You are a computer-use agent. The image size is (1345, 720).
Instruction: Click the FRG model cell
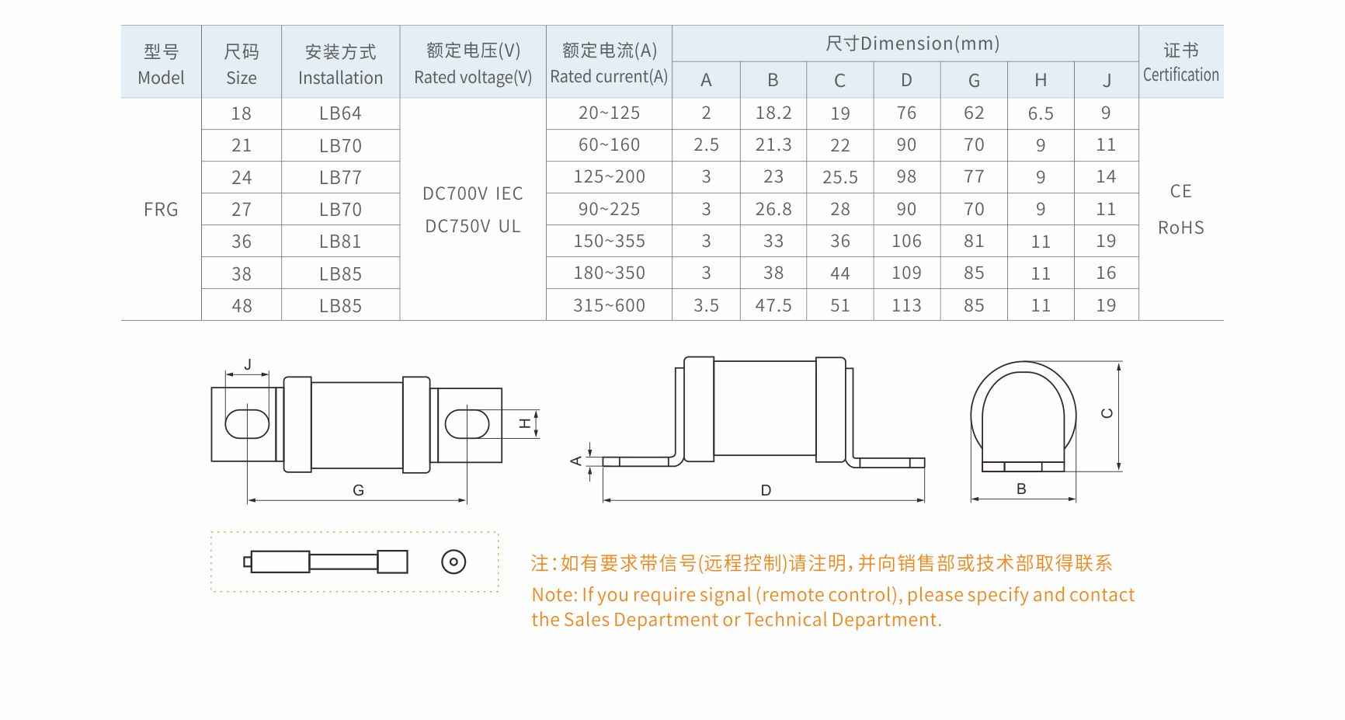click(x=161, y=210)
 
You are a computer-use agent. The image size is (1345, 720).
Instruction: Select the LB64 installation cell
click(x=340, y=113)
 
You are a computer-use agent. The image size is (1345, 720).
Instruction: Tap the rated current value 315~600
click(x=609, y=305)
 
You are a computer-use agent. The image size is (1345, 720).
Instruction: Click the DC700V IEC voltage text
click(x=472, y=193)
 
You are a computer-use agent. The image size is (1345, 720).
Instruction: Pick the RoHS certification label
click(x=1180, y=228)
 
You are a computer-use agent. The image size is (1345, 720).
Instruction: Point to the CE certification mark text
click(x=1180, y=191)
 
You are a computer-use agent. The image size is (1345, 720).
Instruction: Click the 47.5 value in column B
click(x=773, y=305)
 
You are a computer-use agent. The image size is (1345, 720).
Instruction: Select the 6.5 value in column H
click(x=1041, y=113)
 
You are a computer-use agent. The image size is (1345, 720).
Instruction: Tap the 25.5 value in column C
click(x=840, y=178)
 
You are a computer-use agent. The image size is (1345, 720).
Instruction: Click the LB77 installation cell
click(x=340, y=178)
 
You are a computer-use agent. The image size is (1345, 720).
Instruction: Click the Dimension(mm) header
click(x=930, y=43)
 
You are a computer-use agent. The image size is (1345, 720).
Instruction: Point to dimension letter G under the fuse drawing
click(x=358, y=490)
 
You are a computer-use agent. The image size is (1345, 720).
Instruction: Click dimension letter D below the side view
click(x=766, y=490)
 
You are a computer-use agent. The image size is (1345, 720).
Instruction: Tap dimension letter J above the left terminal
click(x=248, y=364)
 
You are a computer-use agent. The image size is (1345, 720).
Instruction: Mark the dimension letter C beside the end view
click(x=1107, y=413)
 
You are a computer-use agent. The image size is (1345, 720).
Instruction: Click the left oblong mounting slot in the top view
click(x=247, y=424)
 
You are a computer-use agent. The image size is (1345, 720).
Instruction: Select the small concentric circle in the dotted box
click(x=454, y=562)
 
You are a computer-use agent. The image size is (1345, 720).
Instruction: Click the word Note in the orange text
click(x=552, y=595)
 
